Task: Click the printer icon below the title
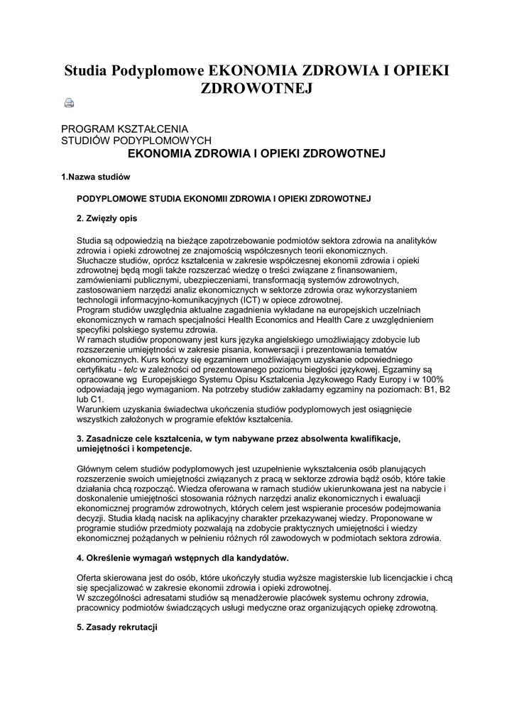coord(69,104)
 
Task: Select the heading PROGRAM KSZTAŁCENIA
coord(124,129)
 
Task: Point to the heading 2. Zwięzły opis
coord(106,217)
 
